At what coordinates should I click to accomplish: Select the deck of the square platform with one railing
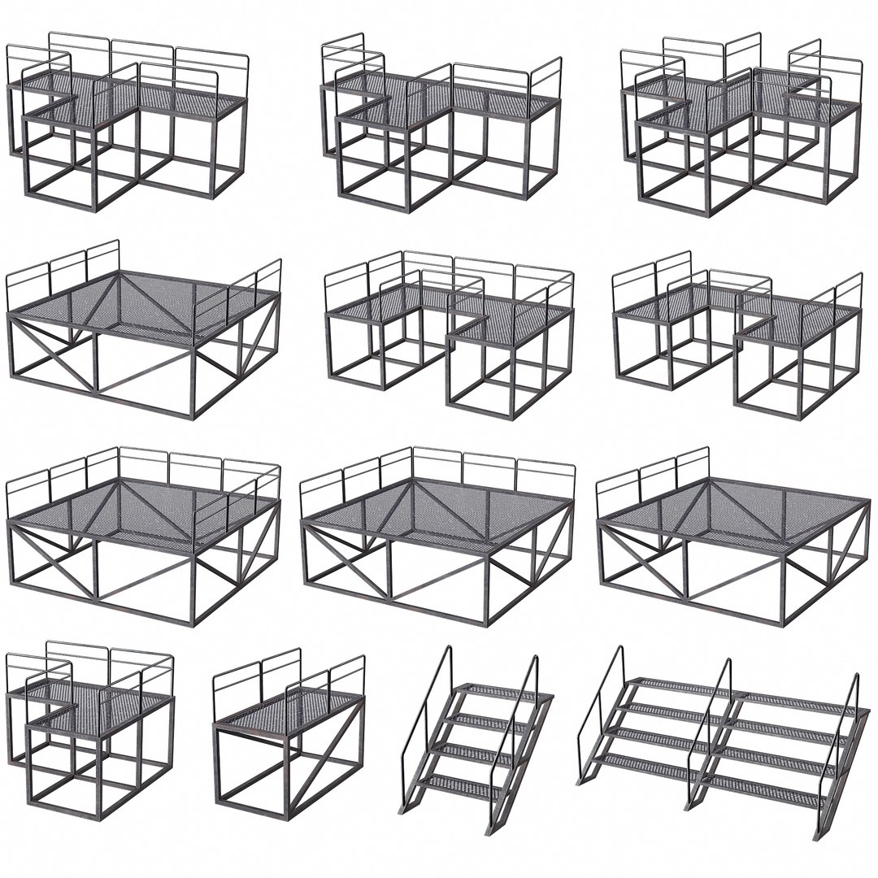tap(732, 520)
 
